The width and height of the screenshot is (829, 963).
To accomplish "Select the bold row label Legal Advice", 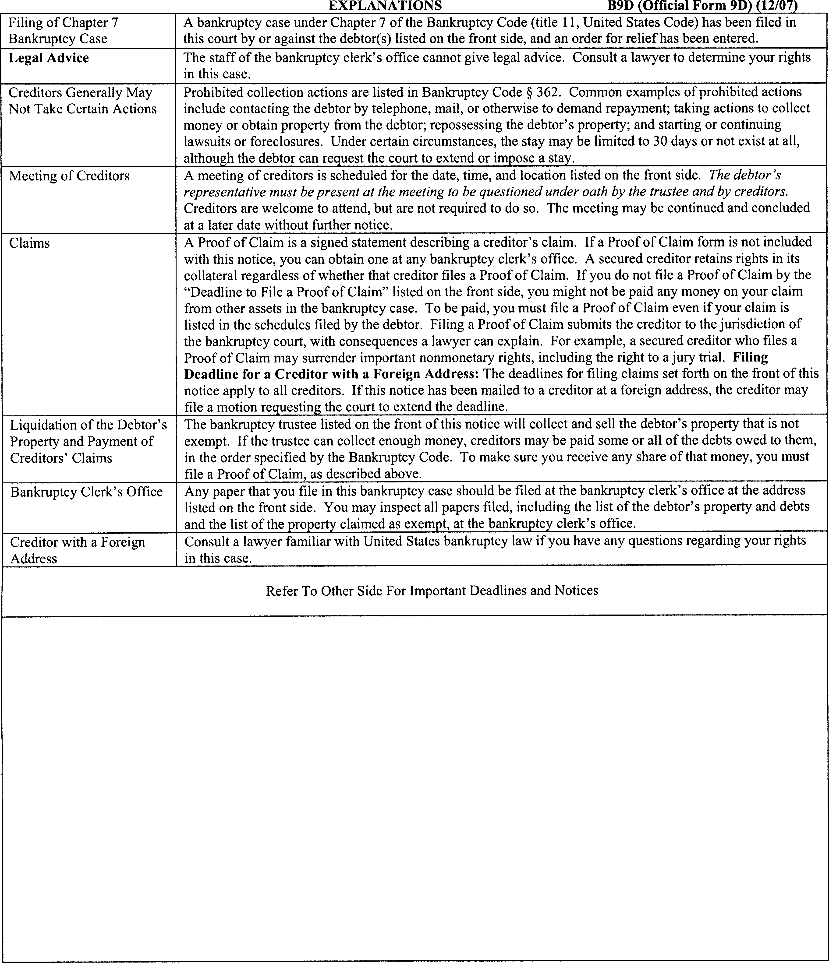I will [x=49, y=58].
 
